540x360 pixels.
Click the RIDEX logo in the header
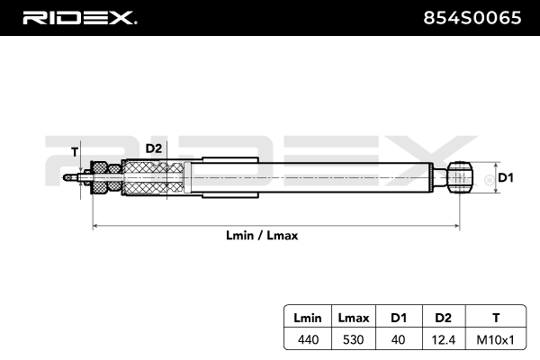[x=78, y=17]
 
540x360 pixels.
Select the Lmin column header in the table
[x=301, y=319]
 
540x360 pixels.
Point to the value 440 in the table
[x=301, y=339]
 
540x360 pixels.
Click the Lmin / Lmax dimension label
[x=262, y=235]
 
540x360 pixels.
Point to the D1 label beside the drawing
[x=505, y=177]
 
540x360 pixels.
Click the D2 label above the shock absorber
[x=153, y=148]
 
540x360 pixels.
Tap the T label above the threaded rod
[x=75, y=151]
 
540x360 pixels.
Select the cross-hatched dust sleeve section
[x=154, y=176]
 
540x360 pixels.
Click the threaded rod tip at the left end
[x=69, y=176]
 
